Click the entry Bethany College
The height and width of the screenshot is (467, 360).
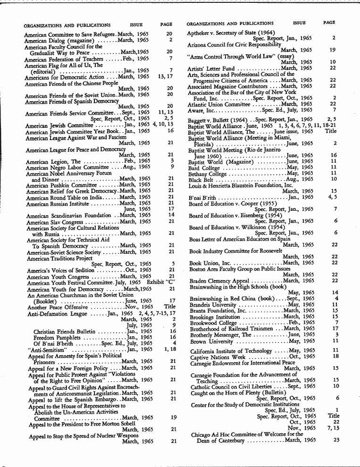click(208, 173)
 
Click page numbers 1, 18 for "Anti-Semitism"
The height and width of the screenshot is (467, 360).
click(169, 349)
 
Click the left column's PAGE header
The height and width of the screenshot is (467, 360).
click(166, 25)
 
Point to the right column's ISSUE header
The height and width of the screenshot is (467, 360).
click(299, 23)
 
